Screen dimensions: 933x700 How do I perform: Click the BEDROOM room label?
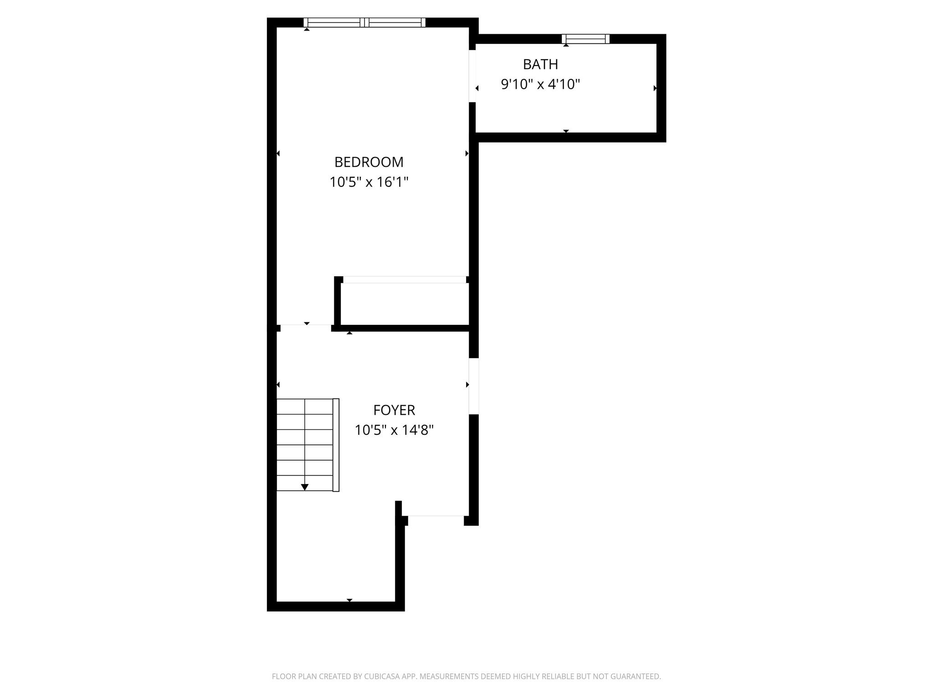point(369,162)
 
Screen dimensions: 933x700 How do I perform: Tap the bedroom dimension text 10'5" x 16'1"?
point(369,182)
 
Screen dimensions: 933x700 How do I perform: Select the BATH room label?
point(540,65)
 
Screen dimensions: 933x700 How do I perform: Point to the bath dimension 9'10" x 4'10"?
point(540,84)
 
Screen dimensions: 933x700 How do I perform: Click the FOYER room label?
point(394,410)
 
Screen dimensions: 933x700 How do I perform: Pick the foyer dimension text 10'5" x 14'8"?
point(394,430)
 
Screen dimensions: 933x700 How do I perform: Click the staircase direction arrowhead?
point(305,487)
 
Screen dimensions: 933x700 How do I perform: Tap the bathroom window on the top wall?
point(585,39)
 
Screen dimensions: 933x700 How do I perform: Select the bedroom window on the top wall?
point(364,22)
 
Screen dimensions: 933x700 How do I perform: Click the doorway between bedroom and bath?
point(472,76)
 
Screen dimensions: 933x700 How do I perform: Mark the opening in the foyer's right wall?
point(474,386)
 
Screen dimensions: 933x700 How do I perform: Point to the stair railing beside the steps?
point(336,445)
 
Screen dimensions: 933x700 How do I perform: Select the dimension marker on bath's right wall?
point(655,88)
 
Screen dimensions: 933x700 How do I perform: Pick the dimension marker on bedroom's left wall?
point(278,154)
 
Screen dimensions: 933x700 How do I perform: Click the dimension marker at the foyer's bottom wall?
point(349,600)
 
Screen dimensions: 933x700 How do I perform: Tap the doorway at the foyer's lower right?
point(436,516)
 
